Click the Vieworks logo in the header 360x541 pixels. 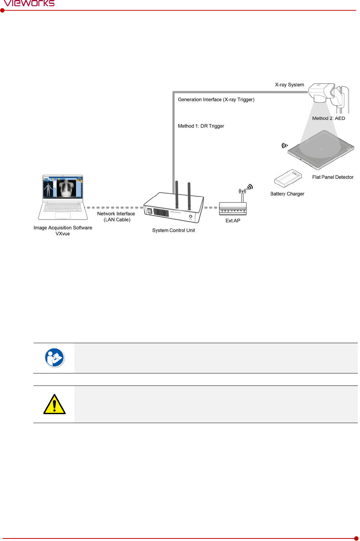tap(29, 3)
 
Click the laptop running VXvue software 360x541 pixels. tap(63, 197)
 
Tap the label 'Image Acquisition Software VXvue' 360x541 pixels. tap(63, 230)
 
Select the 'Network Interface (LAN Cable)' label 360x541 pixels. tap(116, 216)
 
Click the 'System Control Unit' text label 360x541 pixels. tap(173, 230)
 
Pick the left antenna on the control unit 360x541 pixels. tap(177, 195)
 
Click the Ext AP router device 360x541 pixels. tap(233, 209)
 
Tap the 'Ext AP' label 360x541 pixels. tap(233, 220)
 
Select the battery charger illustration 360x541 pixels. tap(288, 178)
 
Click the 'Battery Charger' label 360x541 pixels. tap(287, 194)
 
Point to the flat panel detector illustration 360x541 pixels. tap(321, 150)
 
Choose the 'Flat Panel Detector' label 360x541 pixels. tap(333, 177)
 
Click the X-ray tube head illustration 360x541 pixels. tap(322, 93)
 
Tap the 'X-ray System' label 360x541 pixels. tap(290, 85)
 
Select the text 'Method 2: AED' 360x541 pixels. tap(329, 118)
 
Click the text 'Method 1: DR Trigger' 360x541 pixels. tap(201, 126)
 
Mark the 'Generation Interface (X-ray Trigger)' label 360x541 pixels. tap(216, 99)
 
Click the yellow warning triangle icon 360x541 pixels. tap(54, 404)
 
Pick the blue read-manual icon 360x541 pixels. tap(54, 358)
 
